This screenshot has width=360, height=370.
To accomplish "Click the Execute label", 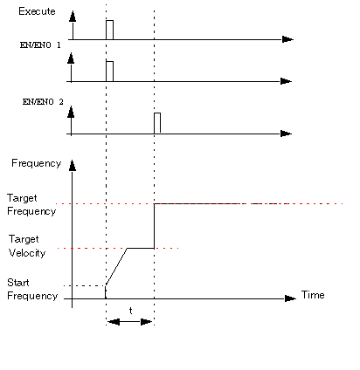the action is (x=37, y=11).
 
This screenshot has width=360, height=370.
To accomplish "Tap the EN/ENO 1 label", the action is (x=40, y=45).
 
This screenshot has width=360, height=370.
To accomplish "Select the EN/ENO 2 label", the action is (x=43, y=102).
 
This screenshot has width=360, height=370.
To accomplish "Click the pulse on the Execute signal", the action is (x=109, y=30).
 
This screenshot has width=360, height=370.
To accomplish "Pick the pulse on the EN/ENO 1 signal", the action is (x=109, y=72).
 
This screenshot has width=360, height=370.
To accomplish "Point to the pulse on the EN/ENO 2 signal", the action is (x=157, y=123).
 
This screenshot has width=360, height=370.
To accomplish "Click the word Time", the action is (x=313, y=295).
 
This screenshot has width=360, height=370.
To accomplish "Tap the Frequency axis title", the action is (x=37, y=163).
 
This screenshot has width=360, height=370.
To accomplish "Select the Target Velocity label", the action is (x=27, y=246).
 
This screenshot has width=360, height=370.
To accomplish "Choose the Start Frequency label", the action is (x=32, y=289).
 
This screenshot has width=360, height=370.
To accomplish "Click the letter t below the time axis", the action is (x=131, y=311).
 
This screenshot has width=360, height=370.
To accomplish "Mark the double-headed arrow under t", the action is (x=130, y=322).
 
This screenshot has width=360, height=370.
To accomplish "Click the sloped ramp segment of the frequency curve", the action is (x=116, y=267).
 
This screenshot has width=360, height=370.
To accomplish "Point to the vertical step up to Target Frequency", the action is (x=154, y=226).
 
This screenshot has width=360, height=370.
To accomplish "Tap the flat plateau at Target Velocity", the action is (x=141, y=248).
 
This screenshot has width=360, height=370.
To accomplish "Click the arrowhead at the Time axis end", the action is (x=290, y=298).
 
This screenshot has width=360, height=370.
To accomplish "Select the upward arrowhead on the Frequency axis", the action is (x=73, y=166).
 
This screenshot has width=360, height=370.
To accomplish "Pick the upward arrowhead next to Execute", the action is (x=73, y=17).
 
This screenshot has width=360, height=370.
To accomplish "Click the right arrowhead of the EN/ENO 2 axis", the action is (x=286, y=134).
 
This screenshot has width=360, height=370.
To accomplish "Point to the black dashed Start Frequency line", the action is (x=85, y=285).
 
